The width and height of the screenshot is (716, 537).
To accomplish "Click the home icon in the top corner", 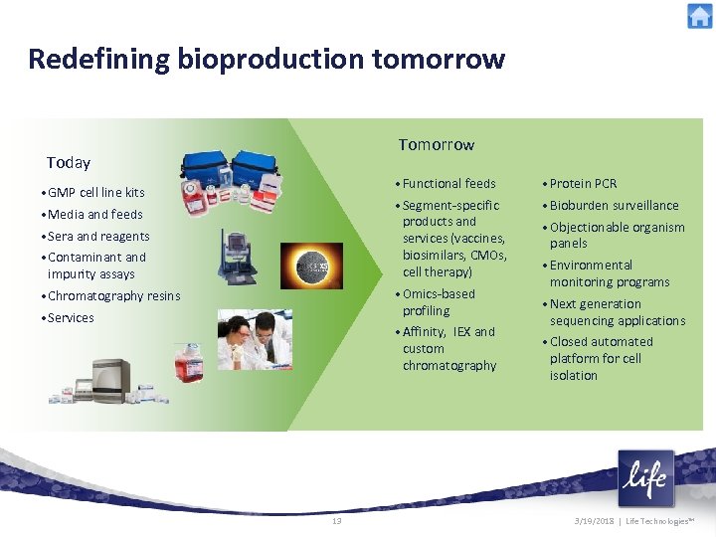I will click(699, 16).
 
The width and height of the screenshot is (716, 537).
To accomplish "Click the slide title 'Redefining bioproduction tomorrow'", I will click(267, 60).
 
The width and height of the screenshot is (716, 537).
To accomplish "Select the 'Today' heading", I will click(69, 163).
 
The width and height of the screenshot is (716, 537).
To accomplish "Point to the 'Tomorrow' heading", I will click(437, 145).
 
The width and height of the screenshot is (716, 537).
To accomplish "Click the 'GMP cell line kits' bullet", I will click(96, 193).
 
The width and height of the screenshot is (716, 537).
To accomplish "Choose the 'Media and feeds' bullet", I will click(95, 215).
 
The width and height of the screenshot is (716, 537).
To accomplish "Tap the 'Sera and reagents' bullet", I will click(98, 237).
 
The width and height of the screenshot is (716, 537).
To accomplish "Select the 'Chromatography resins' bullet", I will click(114, 296).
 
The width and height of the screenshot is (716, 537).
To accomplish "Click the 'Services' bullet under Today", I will click(71, 318).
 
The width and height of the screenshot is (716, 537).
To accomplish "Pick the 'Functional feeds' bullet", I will click(448, 184).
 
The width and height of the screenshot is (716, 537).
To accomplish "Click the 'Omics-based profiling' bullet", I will click(439, 302).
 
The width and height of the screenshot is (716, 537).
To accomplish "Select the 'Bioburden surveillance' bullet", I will click(614, 206).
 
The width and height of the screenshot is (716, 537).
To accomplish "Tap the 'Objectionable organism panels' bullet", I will click(617, 236).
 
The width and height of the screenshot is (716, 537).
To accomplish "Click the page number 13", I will click(336, 521).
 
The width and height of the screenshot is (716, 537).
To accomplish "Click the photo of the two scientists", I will click(261, 340).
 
